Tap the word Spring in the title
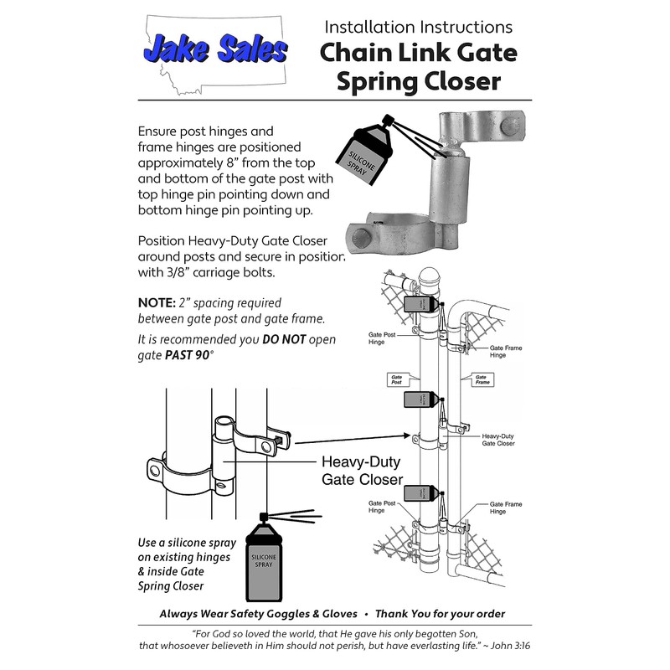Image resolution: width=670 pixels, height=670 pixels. tap(377, 81)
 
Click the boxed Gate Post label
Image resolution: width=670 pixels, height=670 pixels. tap(396, 379)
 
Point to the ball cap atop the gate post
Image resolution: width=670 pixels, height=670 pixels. tap(428, 277)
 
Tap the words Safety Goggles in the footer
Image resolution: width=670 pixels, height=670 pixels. tap(271, 614)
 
